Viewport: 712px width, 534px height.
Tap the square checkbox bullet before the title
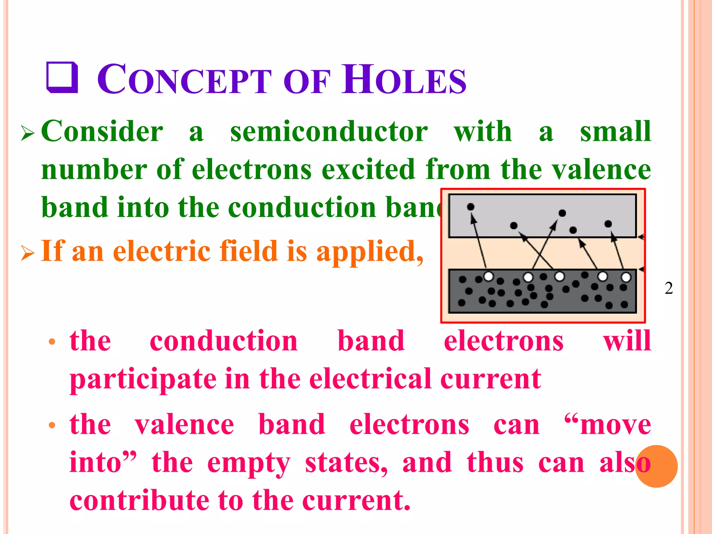[x=62, y=78]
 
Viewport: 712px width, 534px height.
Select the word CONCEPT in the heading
[x=184, y=80]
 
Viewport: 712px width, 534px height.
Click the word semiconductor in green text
[x=329, y=131]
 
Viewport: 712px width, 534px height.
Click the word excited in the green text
[x=369, y=170]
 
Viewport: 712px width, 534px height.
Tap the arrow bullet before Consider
[x=27, y=133]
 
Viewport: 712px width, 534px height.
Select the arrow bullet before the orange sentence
[x=27, y=253]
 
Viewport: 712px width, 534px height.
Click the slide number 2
[x=669, y=288]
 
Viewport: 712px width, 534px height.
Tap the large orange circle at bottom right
[x=656, y=466]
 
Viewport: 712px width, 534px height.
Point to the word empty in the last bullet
[x=249, y=463]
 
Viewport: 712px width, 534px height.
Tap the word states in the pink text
[x=346, y=463]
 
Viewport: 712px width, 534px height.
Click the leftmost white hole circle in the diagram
[x=488, y=277]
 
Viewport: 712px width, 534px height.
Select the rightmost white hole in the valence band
[x=626, y=277]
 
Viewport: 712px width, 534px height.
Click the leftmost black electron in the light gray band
[x=471, y=207]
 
